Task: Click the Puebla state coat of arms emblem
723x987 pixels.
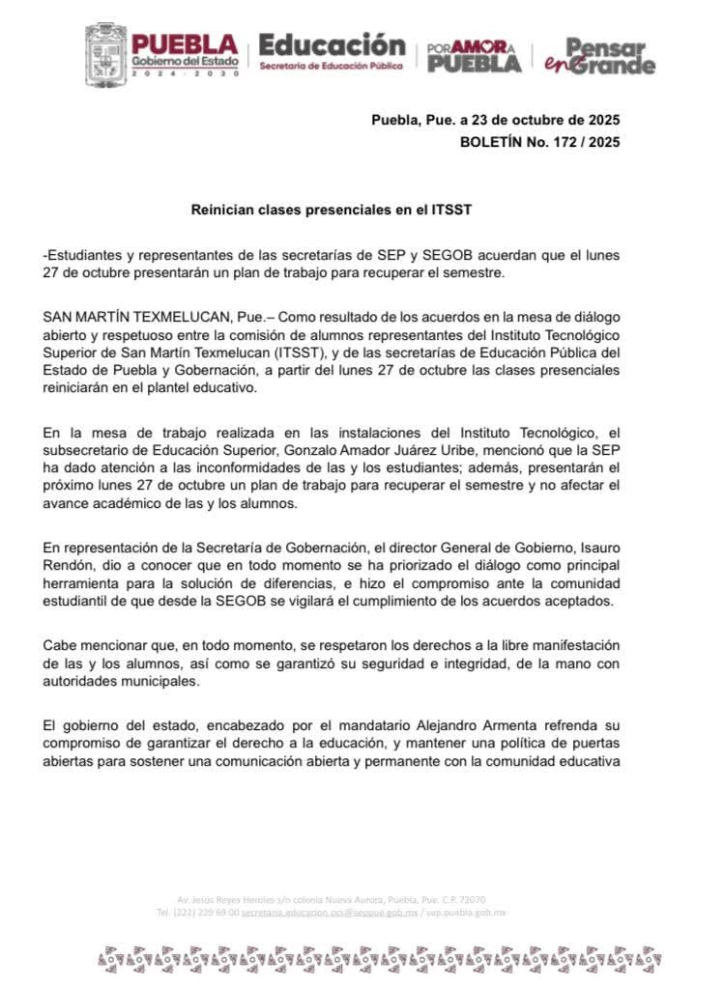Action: point(105,55)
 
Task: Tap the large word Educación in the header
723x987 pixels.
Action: point(332,45)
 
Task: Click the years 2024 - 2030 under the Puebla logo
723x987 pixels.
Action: point(185,73)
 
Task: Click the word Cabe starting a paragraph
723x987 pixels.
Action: point(60,645)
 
